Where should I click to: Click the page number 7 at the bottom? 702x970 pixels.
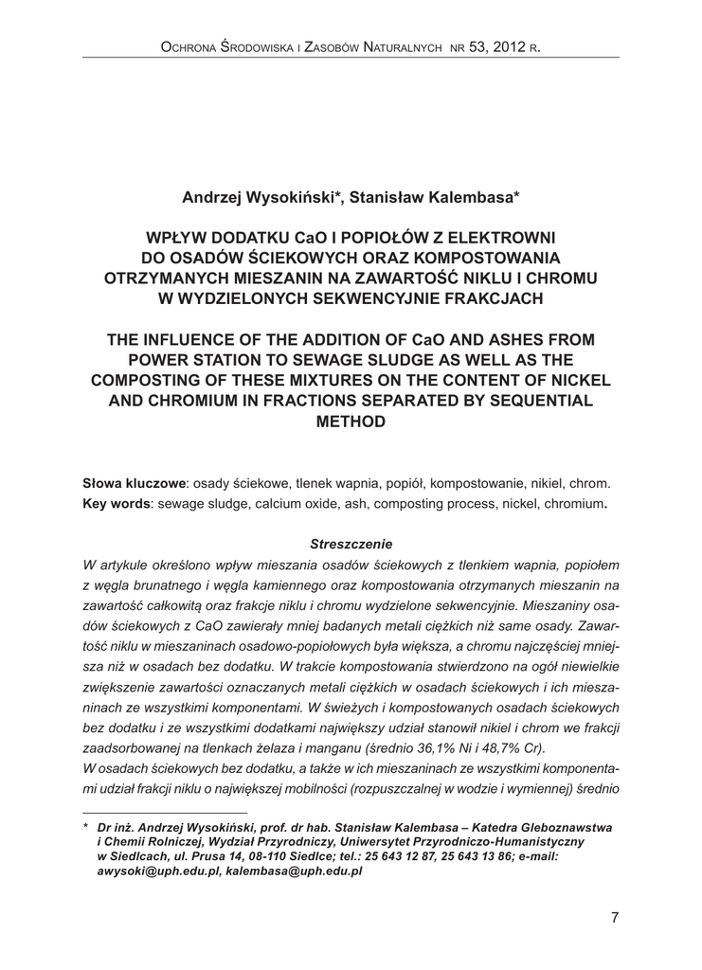[x=615, y=916]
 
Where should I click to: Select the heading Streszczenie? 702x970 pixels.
[x=351, y=543]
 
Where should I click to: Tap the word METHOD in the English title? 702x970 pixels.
[x=351, y=421]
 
